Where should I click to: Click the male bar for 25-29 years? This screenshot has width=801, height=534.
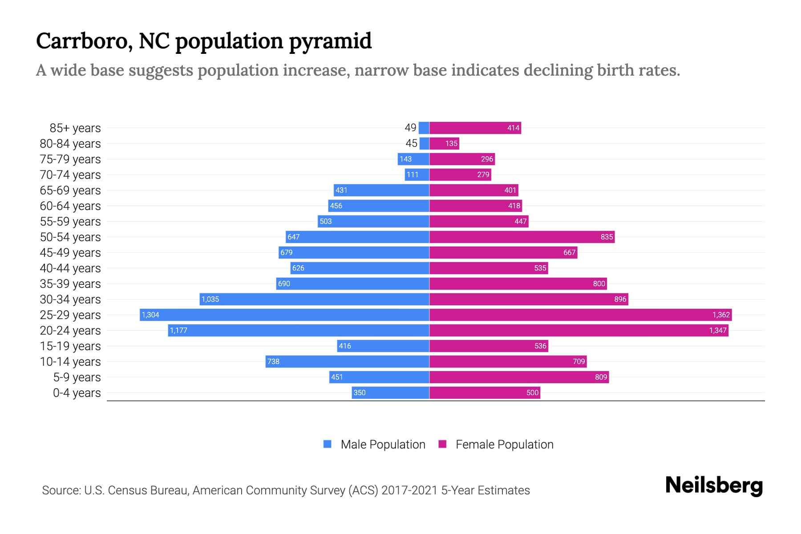(285, 315)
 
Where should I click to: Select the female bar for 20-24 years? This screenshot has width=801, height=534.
(578, 330)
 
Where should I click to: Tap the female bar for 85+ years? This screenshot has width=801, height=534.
(475, 128)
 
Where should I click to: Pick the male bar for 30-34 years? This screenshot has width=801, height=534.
(314, 299)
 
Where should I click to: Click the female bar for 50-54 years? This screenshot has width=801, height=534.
(522, 237)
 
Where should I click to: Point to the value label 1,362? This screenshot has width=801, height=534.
(721, 315)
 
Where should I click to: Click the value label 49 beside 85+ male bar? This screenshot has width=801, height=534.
(410, 128)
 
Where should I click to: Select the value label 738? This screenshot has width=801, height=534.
(273, 361)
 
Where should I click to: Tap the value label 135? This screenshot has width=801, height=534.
(451, 143)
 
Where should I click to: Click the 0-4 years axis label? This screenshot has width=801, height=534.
(77, 392)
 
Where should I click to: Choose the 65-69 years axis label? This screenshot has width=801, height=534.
(70, 190)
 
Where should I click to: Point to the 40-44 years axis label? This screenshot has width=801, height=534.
(70, 268)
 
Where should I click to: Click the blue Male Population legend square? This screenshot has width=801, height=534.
(328, 444)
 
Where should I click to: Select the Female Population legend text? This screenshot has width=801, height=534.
(504, 444)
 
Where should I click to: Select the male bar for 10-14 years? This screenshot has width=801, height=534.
(347, 361)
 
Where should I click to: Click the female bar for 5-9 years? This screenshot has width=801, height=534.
(519, 377)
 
